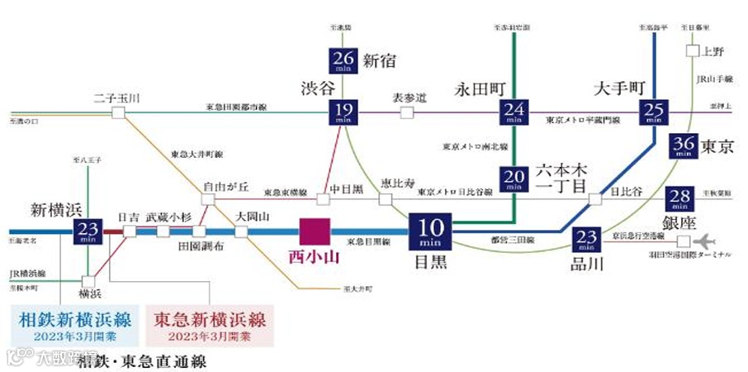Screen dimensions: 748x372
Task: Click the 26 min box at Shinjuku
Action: pyautogui.click(x=342, y=61)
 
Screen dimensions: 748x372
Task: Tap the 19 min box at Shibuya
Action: pyautogui.click(x=342, y=113)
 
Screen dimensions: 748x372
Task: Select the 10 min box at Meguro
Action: pyautogui.click(x=431, y=231)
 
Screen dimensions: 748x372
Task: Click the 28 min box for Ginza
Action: pyautogui.click(x=682, y=198)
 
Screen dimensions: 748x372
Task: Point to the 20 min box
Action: pyautogui.click(x=514, y=179)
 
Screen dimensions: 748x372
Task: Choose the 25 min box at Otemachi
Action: pyautogui.click(x=654, y=113)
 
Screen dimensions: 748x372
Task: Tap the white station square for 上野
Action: pyautogui.click(x=692, y=50)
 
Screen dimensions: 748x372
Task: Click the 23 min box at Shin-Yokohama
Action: pyautogui.click(x=87, y=231)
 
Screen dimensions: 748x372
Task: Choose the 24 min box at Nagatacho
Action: pyautogui.click(x=514, y=113)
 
